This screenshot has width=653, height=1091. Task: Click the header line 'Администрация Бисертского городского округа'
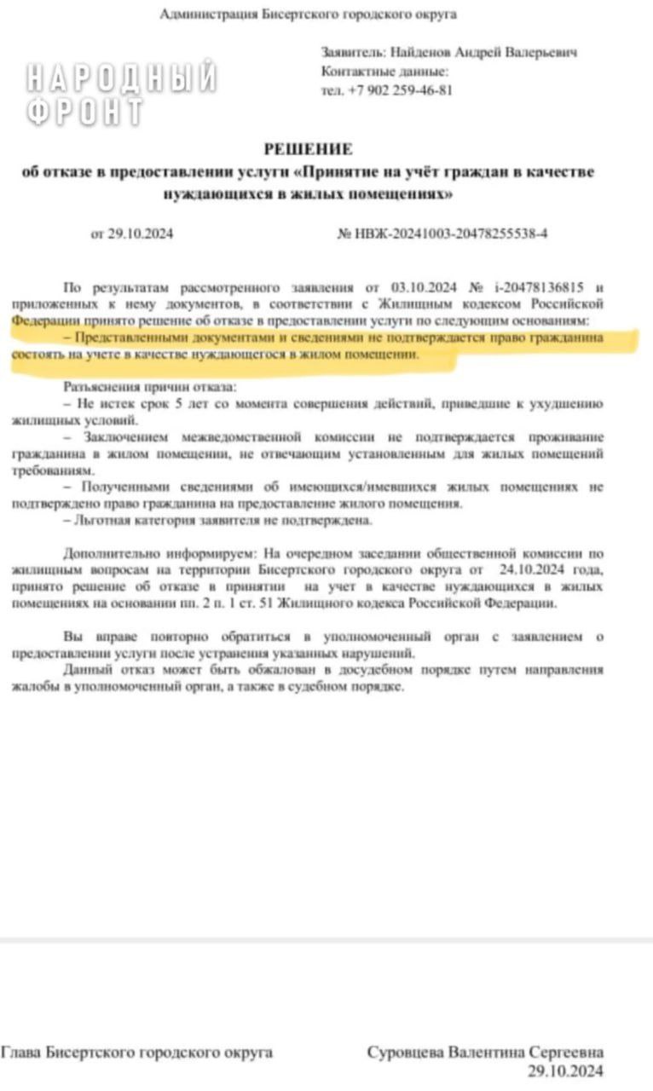(x=309, y=14)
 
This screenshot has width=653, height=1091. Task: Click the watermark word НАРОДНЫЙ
(x=121, y=78)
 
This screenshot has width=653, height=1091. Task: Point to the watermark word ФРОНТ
(x=84, y=112)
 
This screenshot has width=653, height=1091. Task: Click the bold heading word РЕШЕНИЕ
(x=308, y=149)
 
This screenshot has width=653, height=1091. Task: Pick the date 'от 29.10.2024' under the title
(x=131, y=234)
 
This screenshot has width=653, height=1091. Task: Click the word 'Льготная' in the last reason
(x=100, y=520)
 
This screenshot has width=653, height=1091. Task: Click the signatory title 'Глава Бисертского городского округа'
(x=136, y=1053)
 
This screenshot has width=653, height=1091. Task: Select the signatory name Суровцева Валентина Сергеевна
(x=485, y=1053)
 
